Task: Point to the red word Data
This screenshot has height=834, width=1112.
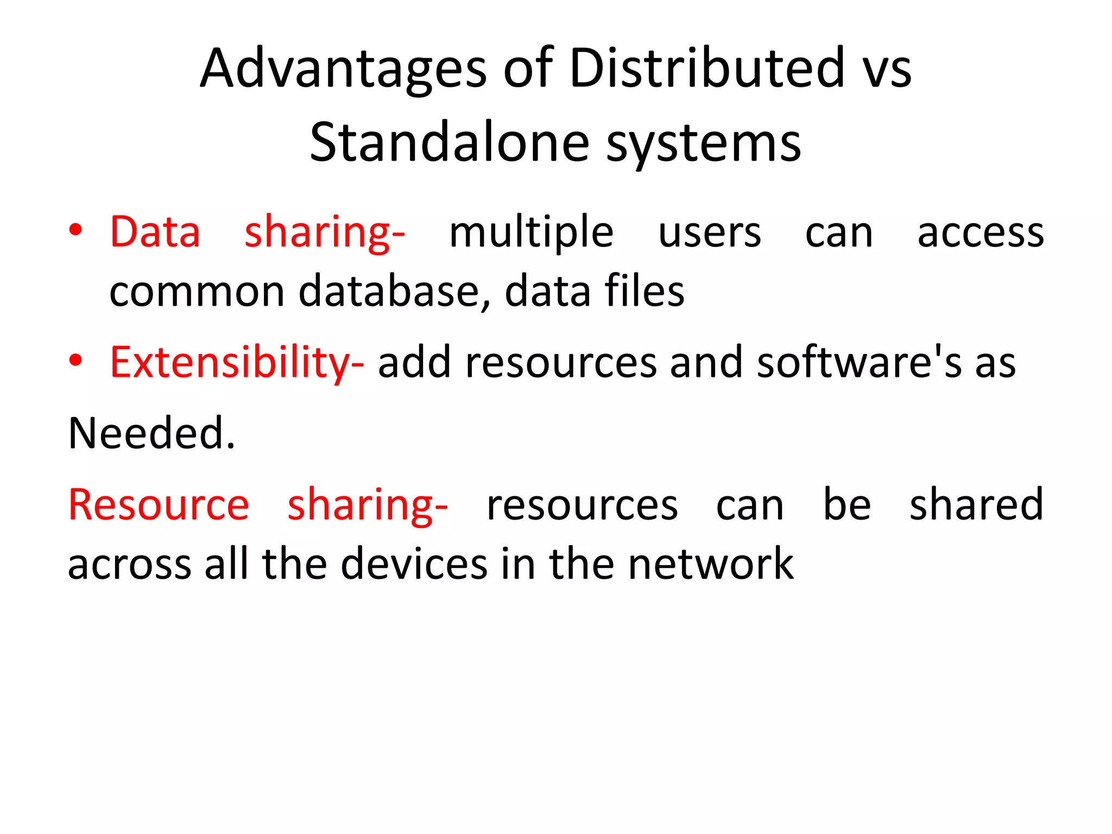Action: point(155,232)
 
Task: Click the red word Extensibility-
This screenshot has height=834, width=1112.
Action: point(237,363)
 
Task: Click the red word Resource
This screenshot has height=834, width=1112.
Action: point(159,505)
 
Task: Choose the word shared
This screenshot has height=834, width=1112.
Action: point(976,505)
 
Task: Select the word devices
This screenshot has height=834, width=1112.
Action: point(414,565)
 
